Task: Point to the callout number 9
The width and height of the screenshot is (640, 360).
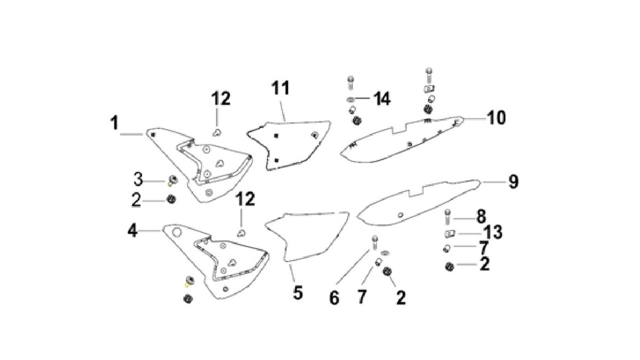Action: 513,181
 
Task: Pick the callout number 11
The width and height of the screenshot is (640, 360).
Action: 282,88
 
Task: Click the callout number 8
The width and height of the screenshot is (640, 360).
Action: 481,216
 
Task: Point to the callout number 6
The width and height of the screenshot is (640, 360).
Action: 334,298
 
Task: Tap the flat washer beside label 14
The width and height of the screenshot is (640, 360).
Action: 351,99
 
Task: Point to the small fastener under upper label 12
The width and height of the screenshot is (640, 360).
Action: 218,132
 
